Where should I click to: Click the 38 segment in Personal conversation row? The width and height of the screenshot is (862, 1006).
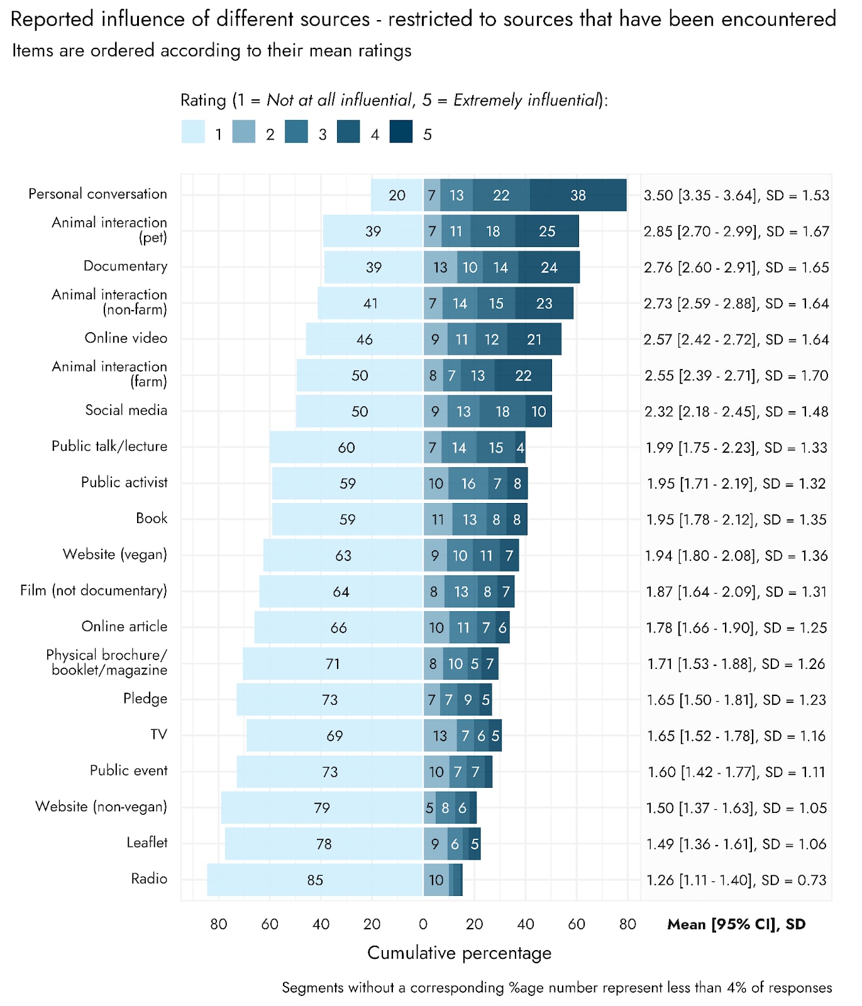578,196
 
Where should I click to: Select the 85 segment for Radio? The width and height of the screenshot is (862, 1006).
315,880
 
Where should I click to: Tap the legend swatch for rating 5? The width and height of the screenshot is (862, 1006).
401,132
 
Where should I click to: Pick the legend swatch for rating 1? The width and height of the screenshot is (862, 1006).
193,132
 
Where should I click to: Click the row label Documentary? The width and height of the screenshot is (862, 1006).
125,266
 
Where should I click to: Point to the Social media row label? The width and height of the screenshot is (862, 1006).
126,411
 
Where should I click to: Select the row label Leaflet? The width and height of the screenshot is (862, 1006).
146,843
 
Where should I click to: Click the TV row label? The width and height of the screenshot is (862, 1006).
158,734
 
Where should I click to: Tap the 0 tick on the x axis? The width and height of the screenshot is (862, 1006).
423,924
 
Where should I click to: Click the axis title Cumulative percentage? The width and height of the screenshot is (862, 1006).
459,953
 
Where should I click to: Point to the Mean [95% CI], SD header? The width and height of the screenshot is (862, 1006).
736,924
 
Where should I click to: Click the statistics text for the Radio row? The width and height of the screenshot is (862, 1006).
736,880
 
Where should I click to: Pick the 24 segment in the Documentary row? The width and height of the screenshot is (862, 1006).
549,268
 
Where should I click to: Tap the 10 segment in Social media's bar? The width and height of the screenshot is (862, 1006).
539,412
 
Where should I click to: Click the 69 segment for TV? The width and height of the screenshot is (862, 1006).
334,736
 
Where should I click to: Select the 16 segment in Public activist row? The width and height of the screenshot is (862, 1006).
468,484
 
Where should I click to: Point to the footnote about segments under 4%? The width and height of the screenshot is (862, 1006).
556,988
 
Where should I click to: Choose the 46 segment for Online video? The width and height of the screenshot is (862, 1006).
365,340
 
